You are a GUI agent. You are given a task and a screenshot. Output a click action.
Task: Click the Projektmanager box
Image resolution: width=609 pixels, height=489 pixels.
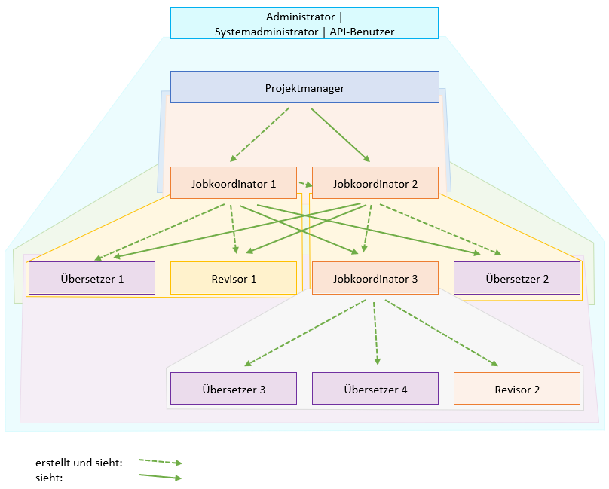[304, 87]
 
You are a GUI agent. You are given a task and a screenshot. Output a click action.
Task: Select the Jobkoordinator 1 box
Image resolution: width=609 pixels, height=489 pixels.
[234, 183]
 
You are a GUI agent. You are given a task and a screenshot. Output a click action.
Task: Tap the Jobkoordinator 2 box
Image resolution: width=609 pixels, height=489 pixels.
[375, 183]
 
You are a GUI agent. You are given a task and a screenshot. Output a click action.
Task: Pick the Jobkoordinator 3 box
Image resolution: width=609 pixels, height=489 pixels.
[375, 278]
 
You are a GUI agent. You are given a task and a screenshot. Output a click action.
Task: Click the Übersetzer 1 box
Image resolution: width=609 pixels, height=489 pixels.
[92, 278]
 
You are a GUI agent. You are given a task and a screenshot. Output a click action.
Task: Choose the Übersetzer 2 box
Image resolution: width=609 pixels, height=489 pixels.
[517, 278]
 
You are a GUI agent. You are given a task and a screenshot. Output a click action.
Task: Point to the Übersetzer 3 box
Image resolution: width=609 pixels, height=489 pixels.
[234, 388]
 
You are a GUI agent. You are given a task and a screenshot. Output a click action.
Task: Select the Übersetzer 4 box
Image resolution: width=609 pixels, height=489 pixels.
[375, 388]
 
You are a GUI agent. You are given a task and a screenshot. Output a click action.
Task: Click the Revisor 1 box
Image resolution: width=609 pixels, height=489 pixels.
[234, 278]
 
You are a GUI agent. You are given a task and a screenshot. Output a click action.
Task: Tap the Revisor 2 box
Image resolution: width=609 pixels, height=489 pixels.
[517, 388]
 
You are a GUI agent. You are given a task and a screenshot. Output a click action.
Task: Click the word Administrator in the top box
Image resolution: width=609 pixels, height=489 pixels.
[300, 17]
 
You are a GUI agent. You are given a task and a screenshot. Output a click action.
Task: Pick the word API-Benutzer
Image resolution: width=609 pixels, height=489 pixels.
[362, 32]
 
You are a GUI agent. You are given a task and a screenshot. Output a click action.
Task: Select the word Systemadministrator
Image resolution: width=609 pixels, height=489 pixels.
[267, 32]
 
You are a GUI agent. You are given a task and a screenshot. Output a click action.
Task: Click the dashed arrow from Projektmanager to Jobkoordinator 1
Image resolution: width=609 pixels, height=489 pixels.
[259, 135]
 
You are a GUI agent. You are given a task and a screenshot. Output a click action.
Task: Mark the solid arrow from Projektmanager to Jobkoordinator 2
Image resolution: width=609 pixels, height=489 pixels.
[341, 135]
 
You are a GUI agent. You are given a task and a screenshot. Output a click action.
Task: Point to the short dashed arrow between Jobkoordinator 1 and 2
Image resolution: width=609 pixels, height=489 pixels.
[306, 184]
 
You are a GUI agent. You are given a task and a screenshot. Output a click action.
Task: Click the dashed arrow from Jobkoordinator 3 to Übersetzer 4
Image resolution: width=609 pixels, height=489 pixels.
[376, 334]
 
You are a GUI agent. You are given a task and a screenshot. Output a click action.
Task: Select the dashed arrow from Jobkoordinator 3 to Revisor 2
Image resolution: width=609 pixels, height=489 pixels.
[442, 333]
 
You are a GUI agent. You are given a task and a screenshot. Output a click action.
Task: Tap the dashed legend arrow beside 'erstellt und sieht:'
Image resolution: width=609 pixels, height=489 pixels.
[161, 462]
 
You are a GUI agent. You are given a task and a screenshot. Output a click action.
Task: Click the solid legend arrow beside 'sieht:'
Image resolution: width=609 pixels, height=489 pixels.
[161, 477]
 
